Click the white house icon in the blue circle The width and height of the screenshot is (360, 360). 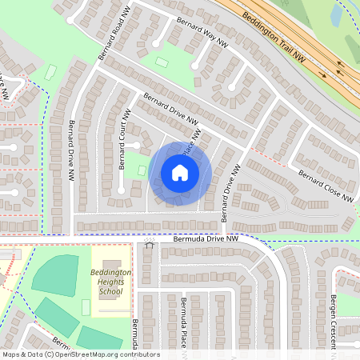point(180,172)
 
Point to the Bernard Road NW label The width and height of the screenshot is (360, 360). point(113,34)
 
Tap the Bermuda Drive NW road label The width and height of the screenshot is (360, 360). point(206,238)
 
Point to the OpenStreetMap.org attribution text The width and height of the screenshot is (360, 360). point(104,354)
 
